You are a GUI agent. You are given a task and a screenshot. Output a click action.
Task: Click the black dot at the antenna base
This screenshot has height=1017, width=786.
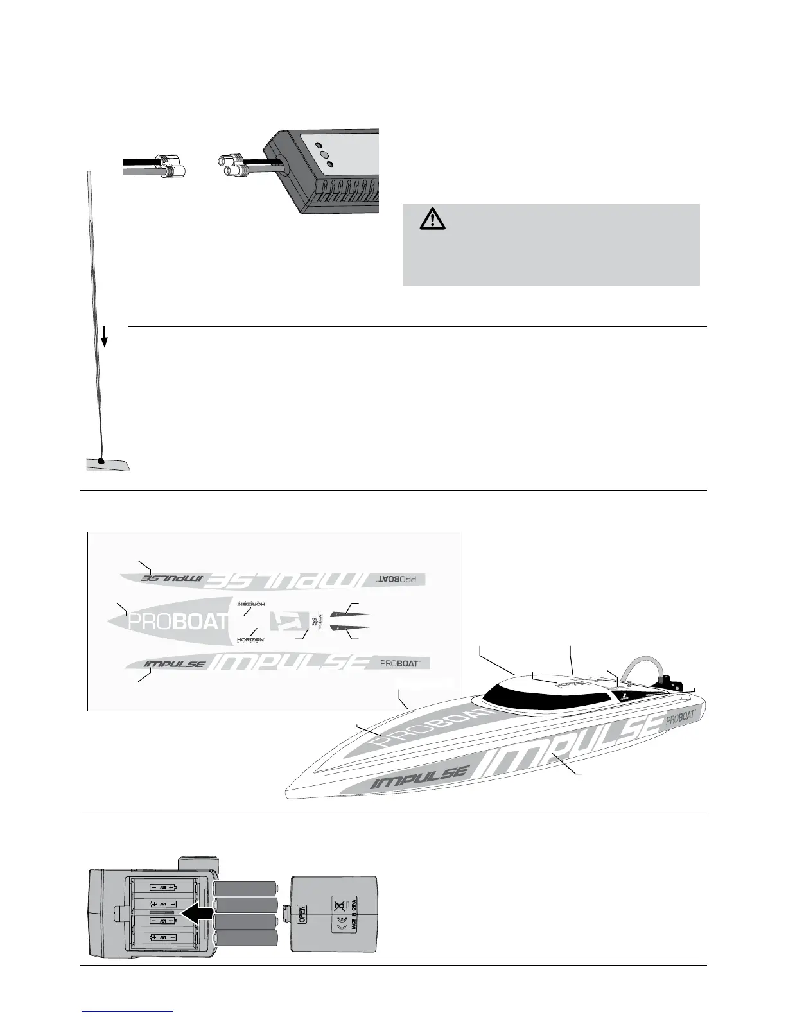tap(100, 460)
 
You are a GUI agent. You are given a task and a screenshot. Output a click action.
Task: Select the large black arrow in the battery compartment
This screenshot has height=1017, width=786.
tap(197, 912)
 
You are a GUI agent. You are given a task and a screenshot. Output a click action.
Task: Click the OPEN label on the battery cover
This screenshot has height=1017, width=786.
tap(302, 912)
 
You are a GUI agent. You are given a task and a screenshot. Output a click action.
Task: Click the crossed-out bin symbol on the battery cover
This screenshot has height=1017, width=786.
tap(338, 905)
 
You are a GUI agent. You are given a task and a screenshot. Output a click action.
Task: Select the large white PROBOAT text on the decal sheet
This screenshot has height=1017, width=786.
tap(179, 621)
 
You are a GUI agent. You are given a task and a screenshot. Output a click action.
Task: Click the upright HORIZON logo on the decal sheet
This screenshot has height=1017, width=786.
tap(250, 639)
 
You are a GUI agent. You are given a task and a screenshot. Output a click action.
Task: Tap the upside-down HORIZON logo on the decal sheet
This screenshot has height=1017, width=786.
tap(252, 604)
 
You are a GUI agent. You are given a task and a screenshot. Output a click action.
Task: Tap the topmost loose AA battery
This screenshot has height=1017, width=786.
tap(245, 888)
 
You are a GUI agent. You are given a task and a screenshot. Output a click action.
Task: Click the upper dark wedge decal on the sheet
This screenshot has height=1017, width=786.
tap(350, 614)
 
